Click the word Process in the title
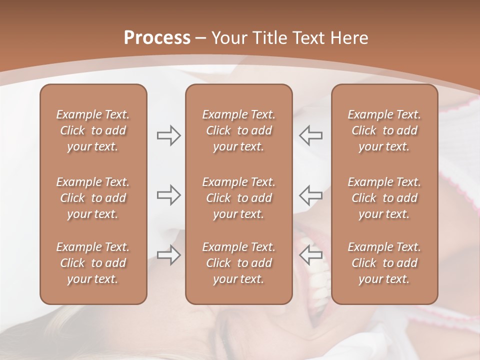click(157, 38)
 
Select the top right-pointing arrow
click(168, 135)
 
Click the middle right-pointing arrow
click(168, 195)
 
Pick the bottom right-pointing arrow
click(168, 255)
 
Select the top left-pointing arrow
click(310, 135)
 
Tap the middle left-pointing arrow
click(310, 195)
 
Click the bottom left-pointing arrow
click(310, 255)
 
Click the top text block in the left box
click(93, 130)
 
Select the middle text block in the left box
click(93, 198)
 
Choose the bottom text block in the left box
click(93, 263)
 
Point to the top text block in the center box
click(238, 130)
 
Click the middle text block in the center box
click(238, 198)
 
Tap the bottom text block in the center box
click(238, 263)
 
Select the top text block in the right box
click(384, 130)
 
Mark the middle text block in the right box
click(384, 198)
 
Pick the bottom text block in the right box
click(384, 263)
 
